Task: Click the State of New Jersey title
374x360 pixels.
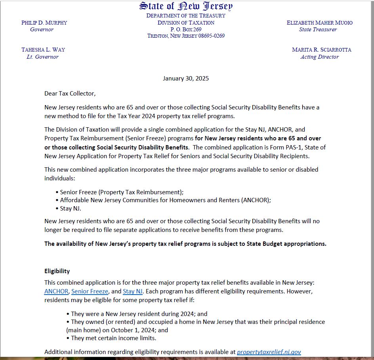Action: tap(186, 6)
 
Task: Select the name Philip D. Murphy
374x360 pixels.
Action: tap(44, 23)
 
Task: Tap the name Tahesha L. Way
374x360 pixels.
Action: tap(43, 50)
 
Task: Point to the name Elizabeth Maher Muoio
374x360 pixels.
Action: tap(319, 23)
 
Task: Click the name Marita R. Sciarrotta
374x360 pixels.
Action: tap(321, 50)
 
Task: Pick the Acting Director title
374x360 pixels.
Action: tap(319, 57)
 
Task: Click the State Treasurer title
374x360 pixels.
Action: tap(318, 29)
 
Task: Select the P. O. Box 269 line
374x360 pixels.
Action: tap(186, 29)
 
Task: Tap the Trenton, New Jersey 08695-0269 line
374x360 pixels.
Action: tap(186, 36)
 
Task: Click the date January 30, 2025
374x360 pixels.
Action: tap(186, 78)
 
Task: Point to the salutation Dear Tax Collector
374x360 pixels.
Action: tap(70, 94)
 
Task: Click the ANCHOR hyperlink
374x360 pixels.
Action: tap(56, 291)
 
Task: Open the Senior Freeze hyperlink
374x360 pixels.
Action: tap(90, 291)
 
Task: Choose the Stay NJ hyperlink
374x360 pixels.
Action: tap(132, 291)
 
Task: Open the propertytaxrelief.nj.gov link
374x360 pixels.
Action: tap(269, 352)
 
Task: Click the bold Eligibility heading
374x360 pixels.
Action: tap(57, 271)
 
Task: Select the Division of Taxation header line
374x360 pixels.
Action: tap(186, 23)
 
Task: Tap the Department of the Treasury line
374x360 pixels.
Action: tap(186, 15)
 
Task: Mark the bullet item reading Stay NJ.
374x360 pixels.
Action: tap(71, 209)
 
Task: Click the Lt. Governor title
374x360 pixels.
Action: tap(42, 57)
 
